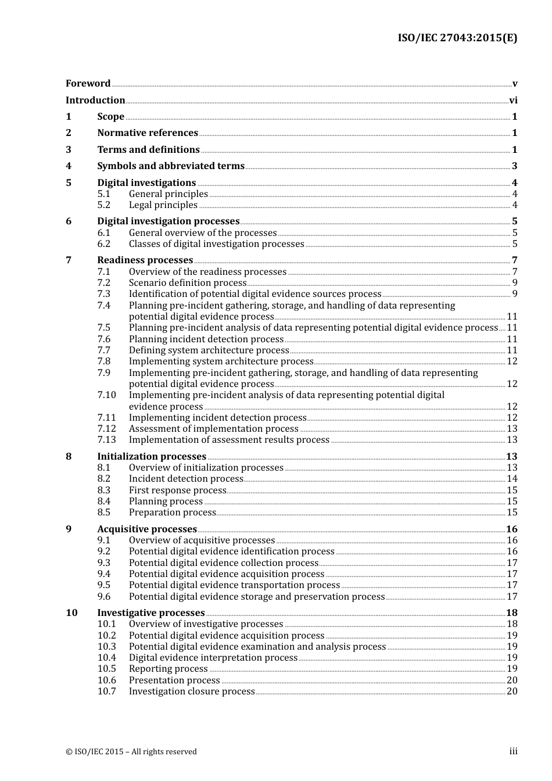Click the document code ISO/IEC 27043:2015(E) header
click(x=457, y=38)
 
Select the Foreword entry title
click(x=88, y=84)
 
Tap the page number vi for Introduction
click(x=513, y=101)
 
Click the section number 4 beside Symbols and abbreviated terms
click(x=69, y=166)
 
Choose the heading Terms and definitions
click(x=148, y=150)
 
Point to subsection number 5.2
click(x=104, y=205)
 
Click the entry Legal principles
click(x=163, y=205)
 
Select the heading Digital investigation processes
click(x=168, y=221)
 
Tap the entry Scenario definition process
click(x=188, y=283)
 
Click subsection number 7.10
click(x=106, y=395)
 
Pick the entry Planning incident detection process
click(x=206, y=339)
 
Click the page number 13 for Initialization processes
click(x=511, y=457)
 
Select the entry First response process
click(x=177, y=490)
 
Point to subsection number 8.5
click(x=104, y=513)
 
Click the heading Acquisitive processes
click(x=147, y=529)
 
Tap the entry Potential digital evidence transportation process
click(x=234, y=585)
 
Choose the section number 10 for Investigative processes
click(x=71, y=613)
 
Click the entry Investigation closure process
click(x=192, y=692)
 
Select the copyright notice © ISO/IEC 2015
click(x=131, y=752)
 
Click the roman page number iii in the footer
click(x=513, y=751)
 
